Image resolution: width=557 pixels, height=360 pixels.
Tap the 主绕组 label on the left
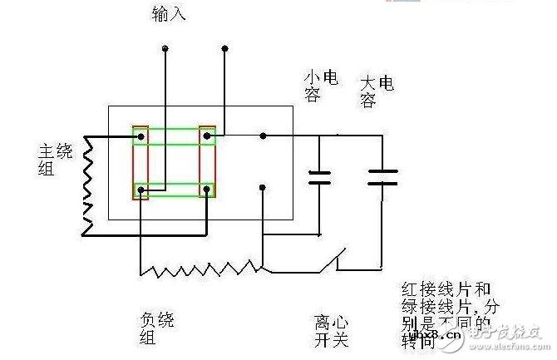coord(50,158)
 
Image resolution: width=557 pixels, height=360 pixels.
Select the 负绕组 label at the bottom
coord(152,328)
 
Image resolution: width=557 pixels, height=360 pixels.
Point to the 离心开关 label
coord(330,328)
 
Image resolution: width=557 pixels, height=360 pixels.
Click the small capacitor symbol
coord(319,176)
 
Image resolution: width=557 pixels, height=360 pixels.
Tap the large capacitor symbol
coord(382,175)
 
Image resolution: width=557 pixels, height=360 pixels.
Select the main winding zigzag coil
coord(89,176)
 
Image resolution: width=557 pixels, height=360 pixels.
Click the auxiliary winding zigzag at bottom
coord(200,269)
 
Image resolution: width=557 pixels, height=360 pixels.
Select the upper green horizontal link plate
coord(174,135)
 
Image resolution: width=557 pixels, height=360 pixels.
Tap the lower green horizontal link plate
coord(174,190)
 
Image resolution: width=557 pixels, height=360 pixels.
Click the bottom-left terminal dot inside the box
coord(142,190)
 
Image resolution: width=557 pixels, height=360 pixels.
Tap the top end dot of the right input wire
coord(224,51)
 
